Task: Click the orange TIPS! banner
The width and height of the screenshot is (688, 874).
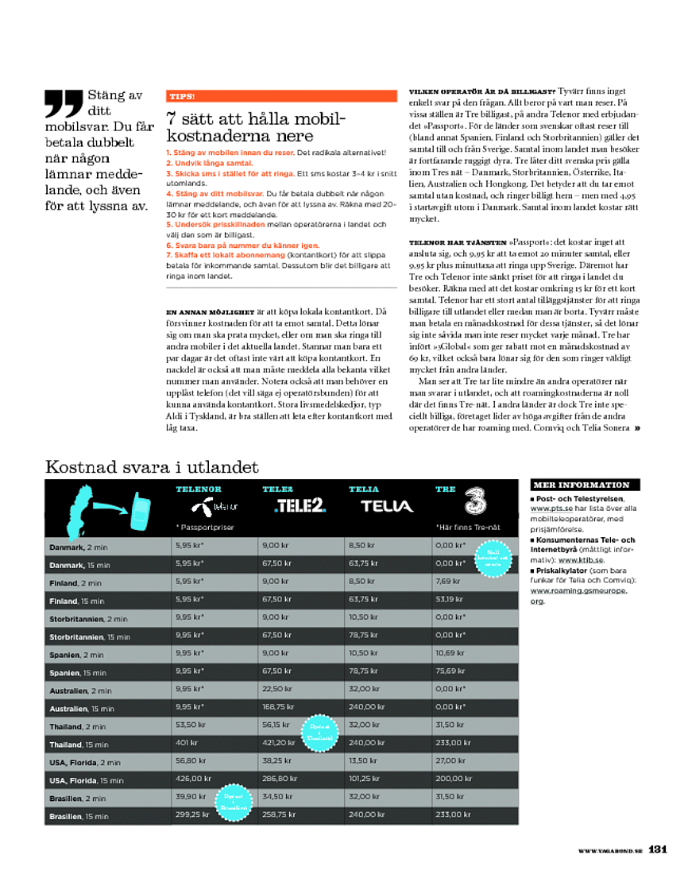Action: pos(281,96)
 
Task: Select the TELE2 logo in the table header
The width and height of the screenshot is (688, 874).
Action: pos(300,505)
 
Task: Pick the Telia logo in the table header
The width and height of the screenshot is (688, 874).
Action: pos(387,505)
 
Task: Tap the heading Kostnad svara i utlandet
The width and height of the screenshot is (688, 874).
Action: pos(152,466)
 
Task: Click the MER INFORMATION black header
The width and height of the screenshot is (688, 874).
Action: pos(581,485)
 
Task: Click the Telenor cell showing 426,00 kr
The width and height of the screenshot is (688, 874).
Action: pos(193,779)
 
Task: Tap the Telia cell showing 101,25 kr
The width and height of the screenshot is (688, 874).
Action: pos(365,779)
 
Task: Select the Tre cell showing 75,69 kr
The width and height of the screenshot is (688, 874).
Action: pos(450,671)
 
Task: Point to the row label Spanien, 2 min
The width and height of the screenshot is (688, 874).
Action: pos(77,655)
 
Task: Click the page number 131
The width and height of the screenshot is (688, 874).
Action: pos(658,849)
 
